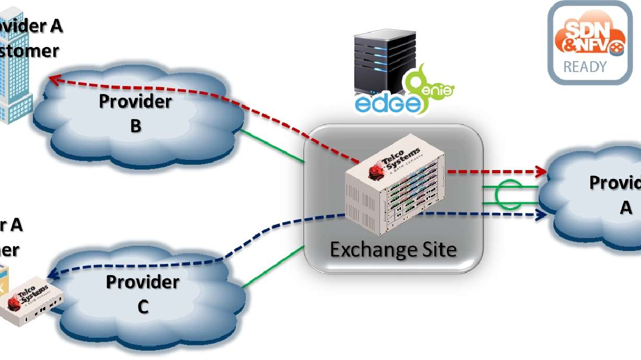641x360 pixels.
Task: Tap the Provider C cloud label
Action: (143, 294)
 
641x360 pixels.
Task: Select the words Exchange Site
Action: (393, 249)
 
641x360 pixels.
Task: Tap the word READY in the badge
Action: (585, 67)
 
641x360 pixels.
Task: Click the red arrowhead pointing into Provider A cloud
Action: (541, 172)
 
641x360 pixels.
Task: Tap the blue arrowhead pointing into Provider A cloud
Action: (541, 214)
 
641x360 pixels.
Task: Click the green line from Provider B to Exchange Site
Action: (271, 147)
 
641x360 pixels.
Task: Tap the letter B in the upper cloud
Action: (136, 125)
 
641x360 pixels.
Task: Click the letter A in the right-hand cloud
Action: (625, 208)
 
